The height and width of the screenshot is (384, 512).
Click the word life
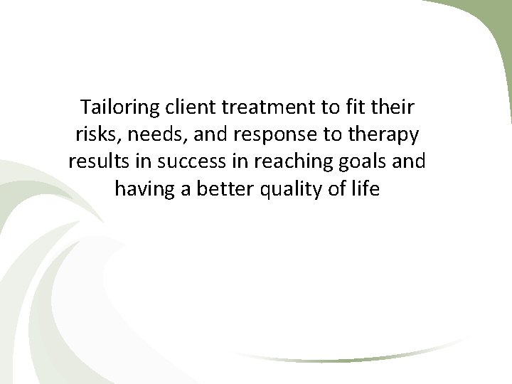(x=367, y=188)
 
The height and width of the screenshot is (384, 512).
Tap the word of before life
(x=336, y=188)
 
